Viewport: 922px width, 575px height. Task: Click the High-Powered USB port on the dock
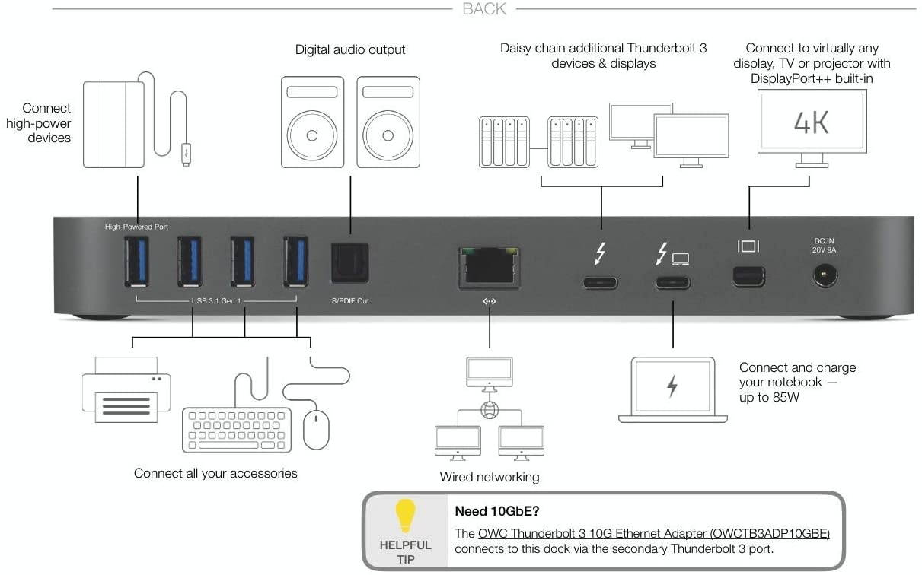click(x=137, y=262)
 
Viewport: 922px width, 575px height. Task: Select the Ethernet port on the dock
click(x=489, y=267)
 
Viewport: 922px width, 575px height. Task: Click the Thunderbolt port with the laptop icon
click(x=672, y=283)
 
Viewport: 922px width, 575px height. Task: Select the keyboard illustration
click(x=237, y=431)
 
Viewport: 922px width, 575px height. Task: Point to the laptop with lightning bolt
click(x=672, y=389)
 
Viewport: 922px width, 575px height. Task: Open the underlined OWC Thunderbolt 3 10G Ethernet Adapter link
click(x=653, y=533)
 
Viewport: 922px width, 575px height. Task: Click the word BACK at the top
click(x=484, y=9)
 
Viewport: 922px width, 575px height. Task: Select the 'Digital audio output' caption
click(x=350, y=49)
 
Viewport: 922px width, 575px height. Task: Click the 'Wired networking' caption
click(x=489, y=477)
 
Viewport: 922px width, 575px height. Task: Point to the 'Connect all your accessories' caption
click(x=215, y=473)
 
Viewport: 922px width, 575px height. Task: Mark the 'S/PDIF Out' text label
click(x=350, y=301)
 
